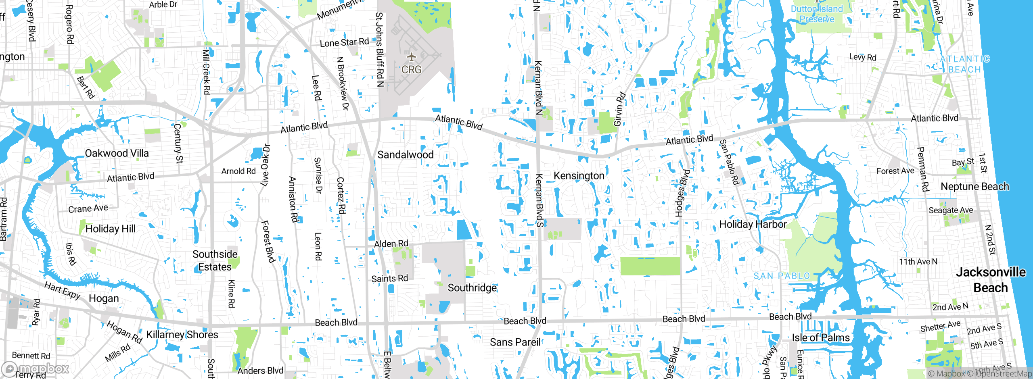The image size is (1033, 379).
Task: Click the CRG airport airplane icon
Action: (x=411, y=57)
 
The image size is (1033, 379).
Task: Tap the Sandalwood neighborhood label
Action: (x=405, y=155)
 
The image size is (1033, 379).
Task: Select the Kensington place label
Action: (x=579, y=176)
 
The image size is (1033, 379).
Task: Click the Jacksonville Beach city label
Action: (x=991, y=280)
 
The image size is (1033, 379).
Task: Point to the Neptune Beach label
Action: (x=974, y=187)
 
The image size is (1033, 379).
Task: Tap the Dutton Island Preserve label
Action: (x=817, y=14)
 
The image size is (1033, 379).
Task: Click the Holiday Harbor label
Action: (x=753, y=224)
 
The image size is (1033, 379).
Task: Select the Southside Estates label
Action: (x=215, y=260)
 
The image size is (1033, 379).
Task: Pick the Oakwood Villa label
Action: (x=117, y=153)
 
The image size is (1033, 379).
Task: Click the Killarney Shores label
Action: (x=182, y=335)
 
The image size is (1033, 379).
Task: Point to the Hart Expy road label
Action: (x=63, y=291)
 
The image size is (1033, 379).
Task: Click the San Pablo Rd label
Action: (x=729, y=162)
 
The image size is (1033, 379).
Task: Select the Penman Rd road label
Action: (x=923, y=169)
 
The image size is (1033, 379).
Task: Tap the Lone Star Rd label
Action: (x=344, y=42)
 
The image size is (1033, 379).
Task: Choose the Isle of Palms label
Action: (x=820, y=338)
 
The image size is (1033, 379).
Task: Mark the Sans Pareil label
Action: (x=515, y=342)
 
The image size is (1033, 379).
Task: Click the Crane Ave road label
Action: (x=88, y=208)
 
